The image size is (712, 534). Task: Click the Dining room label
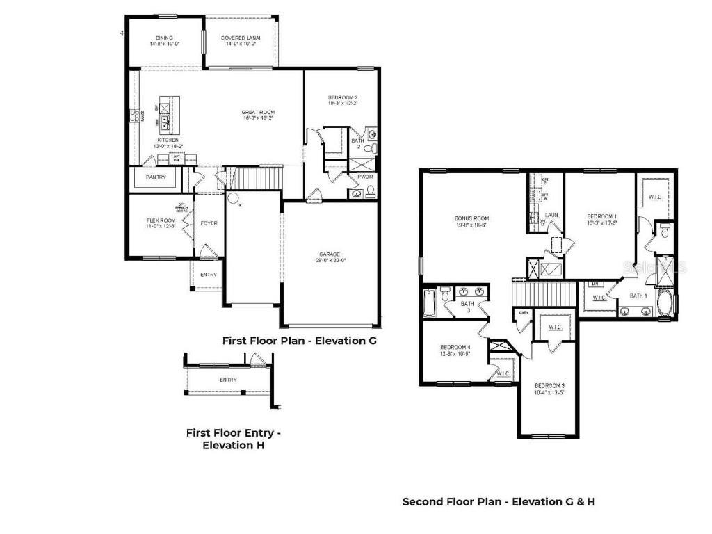click(x=164, y=38)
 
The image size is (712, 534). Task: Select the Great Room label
click(x=258, y=112)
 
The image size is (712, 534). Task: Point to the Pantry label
click(x=155, y=177)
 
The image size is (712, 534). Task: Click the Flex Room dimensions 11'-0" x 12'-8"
click(x=161, y=227)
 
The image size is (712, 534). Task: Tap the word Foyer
click(x=209, y=223)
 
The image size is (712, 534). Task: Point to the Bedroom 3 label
click(x=549, y=385)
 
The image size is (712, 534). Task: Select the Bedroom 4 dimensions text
click(x=455, y=353)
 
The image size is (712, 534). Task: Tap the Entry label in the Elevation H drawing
click(x=228, y=380)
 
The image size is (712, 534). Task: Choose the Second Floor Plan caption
click(x=499, y=501)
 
